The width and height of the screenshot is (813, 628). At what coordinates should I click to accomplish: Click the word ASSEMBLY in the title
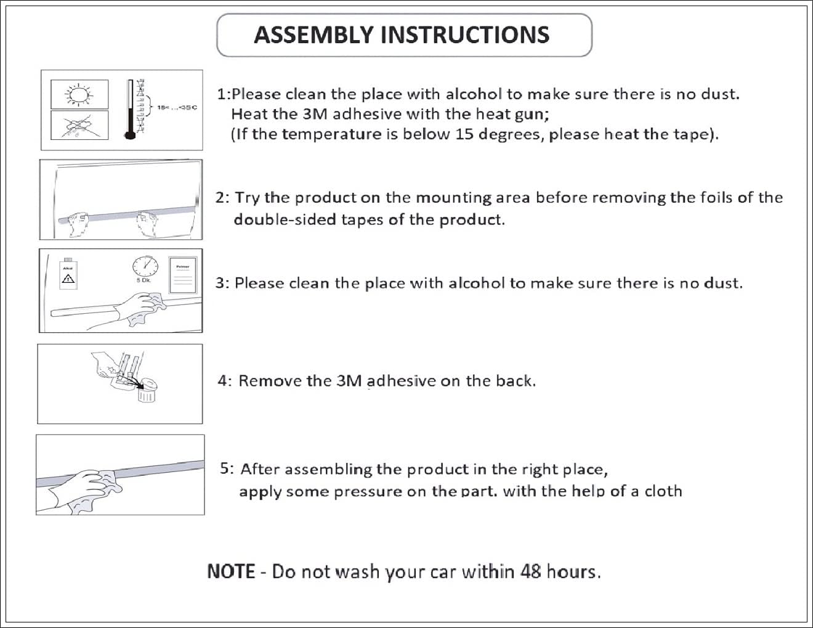click(315, 35)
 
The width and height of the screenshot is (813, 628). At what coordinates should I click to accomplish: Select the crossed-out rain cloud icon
click(78, 125)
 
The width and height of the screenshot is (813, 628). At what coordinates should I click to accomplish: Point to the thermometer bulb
click(130, 134)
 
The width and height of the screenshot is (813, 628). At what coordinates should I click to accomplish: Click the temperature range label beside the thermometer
click(177, 108)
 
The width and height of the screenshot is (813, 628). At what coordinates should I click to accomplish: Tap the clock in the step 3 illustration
click(145, 266)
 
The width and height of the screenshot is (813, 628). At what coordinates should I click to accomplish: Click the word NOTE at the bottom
click(231, 571)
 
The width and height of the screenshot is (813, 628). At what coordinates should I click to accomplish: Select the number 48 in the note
click(530, 571)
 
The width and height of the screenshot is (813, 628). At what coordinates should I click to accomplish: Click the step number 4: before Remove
click(224, 381)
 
